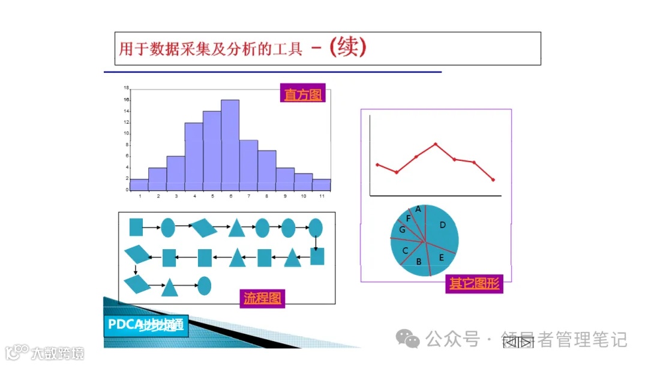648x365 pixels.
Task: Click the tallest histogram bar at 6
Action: click(x=230, y=145)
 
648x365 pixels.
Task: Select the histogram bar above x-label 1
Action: click(x=139, y=184)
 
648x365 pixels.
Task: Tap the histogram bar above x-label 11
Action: click(x=322, y=184)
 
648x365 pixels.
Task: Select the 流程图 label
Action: click(x=262, y=297)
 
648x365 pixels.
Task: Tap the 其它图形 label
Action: click(x=473, y=284)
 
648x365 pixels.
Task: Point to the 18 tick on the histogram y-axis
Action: click(x=127, y=88)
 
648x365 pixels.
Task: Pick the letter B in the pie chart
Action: click(x=419, y=261)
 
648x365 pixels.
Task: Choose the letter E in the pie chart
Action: click(x=442, y=258)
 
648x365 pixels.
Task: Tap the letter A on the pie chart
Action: click(x=418, y=210)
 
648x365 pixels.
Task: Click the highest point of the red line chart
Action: click(x=436, y=144)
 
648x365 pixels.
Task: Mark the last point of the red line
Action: click(x=493, y=179)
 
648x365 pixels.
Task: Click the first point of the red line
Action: click(x=377, y=164)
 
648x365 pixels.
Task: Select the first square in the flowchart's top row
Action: click(x=136, y=227)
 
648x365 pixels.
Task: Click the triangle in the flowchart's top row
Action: click(x=236, y=228)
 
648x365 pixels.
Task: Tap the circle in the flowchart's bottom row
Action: click(x=205, y=285)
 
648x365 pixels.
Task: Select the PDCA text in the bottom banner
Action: click(x=123, y=325)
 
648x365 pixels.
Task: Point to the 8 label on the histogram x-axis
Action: click(x=267, y=196)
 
